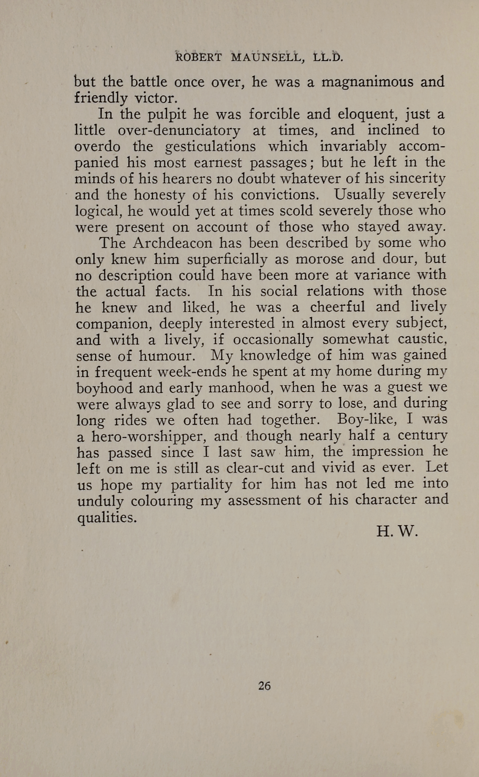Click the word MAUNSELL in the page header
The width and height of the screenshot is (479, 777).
(267, 57)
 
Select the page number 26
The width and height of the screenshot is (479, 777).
(264, 686)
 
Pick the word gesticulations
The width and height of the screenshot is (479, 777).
(210, 147)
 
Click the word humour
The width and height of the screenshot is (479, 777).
(167, 356)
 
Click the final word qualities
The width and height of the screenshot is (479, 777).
(107, 517)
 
